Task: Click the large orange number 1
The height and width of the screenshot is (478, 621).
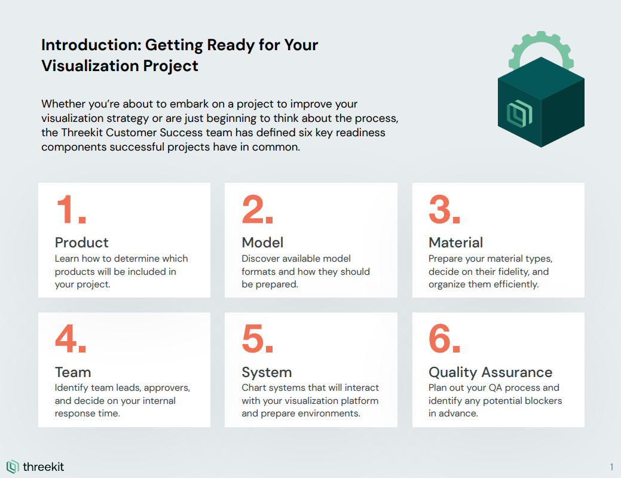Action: (x=71, y=210)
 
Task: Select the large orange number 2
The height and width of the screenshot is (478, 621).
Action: (x=258, y=210)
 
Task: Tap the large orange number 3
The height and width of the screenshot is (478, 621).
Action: (x=444, y=210)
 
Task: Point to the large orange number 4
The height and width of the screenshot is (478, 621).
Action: (x=71, y=339)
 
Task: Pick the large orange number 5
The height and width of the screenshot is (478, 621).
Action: (x=258, y=339)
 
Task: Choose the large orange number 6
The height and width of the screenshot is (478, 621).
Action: (x=444, y=339)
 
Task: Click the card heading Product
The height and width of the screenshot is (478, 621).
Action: (x=82, y=243)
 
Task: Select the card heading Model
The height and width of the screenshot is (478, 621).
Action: (x=262, y=243)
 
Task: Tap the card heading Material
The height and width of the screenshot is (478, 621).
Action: (x=456, y=243)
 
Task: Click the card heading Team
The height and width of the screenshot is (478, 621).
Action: (x=73, y=372)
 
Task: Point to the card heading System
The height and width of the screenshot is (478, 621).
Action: (x=267, y=373)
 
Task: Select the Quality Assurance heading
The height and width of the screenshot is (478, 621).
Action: (x=490, y=373)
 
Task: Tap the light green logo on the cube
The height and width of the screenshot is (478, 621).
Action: (x=519, y=114)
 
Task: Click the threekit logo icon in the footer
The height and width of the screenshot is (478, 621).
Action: (x=13, y=467)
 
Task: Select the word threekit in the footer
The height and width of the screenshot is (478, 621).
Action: (x=43, y=467)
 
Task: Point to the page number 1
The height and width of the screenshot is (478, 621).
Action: (x=612, y=467)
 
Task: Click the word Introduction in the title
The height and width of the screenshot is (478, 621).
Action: (x=91, y=45)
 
